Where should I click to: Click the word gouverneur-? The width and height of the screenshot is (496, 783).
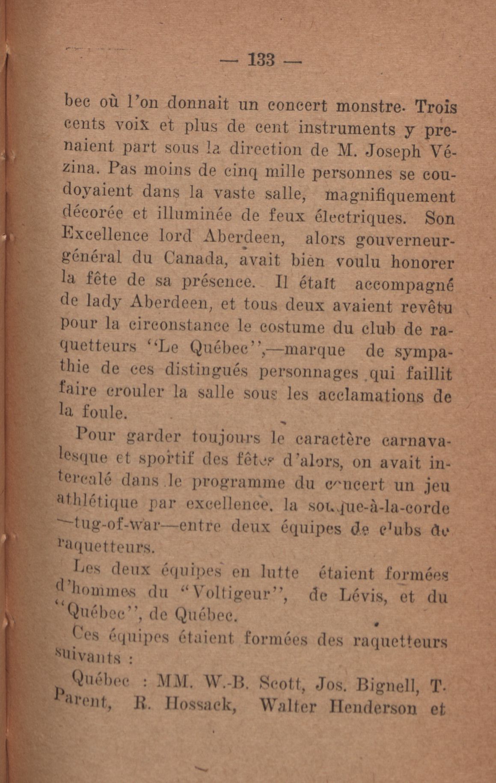click(x=405, y=240)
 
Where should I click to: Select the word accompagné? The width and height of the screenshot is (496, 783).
click(x=404, y=285)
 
